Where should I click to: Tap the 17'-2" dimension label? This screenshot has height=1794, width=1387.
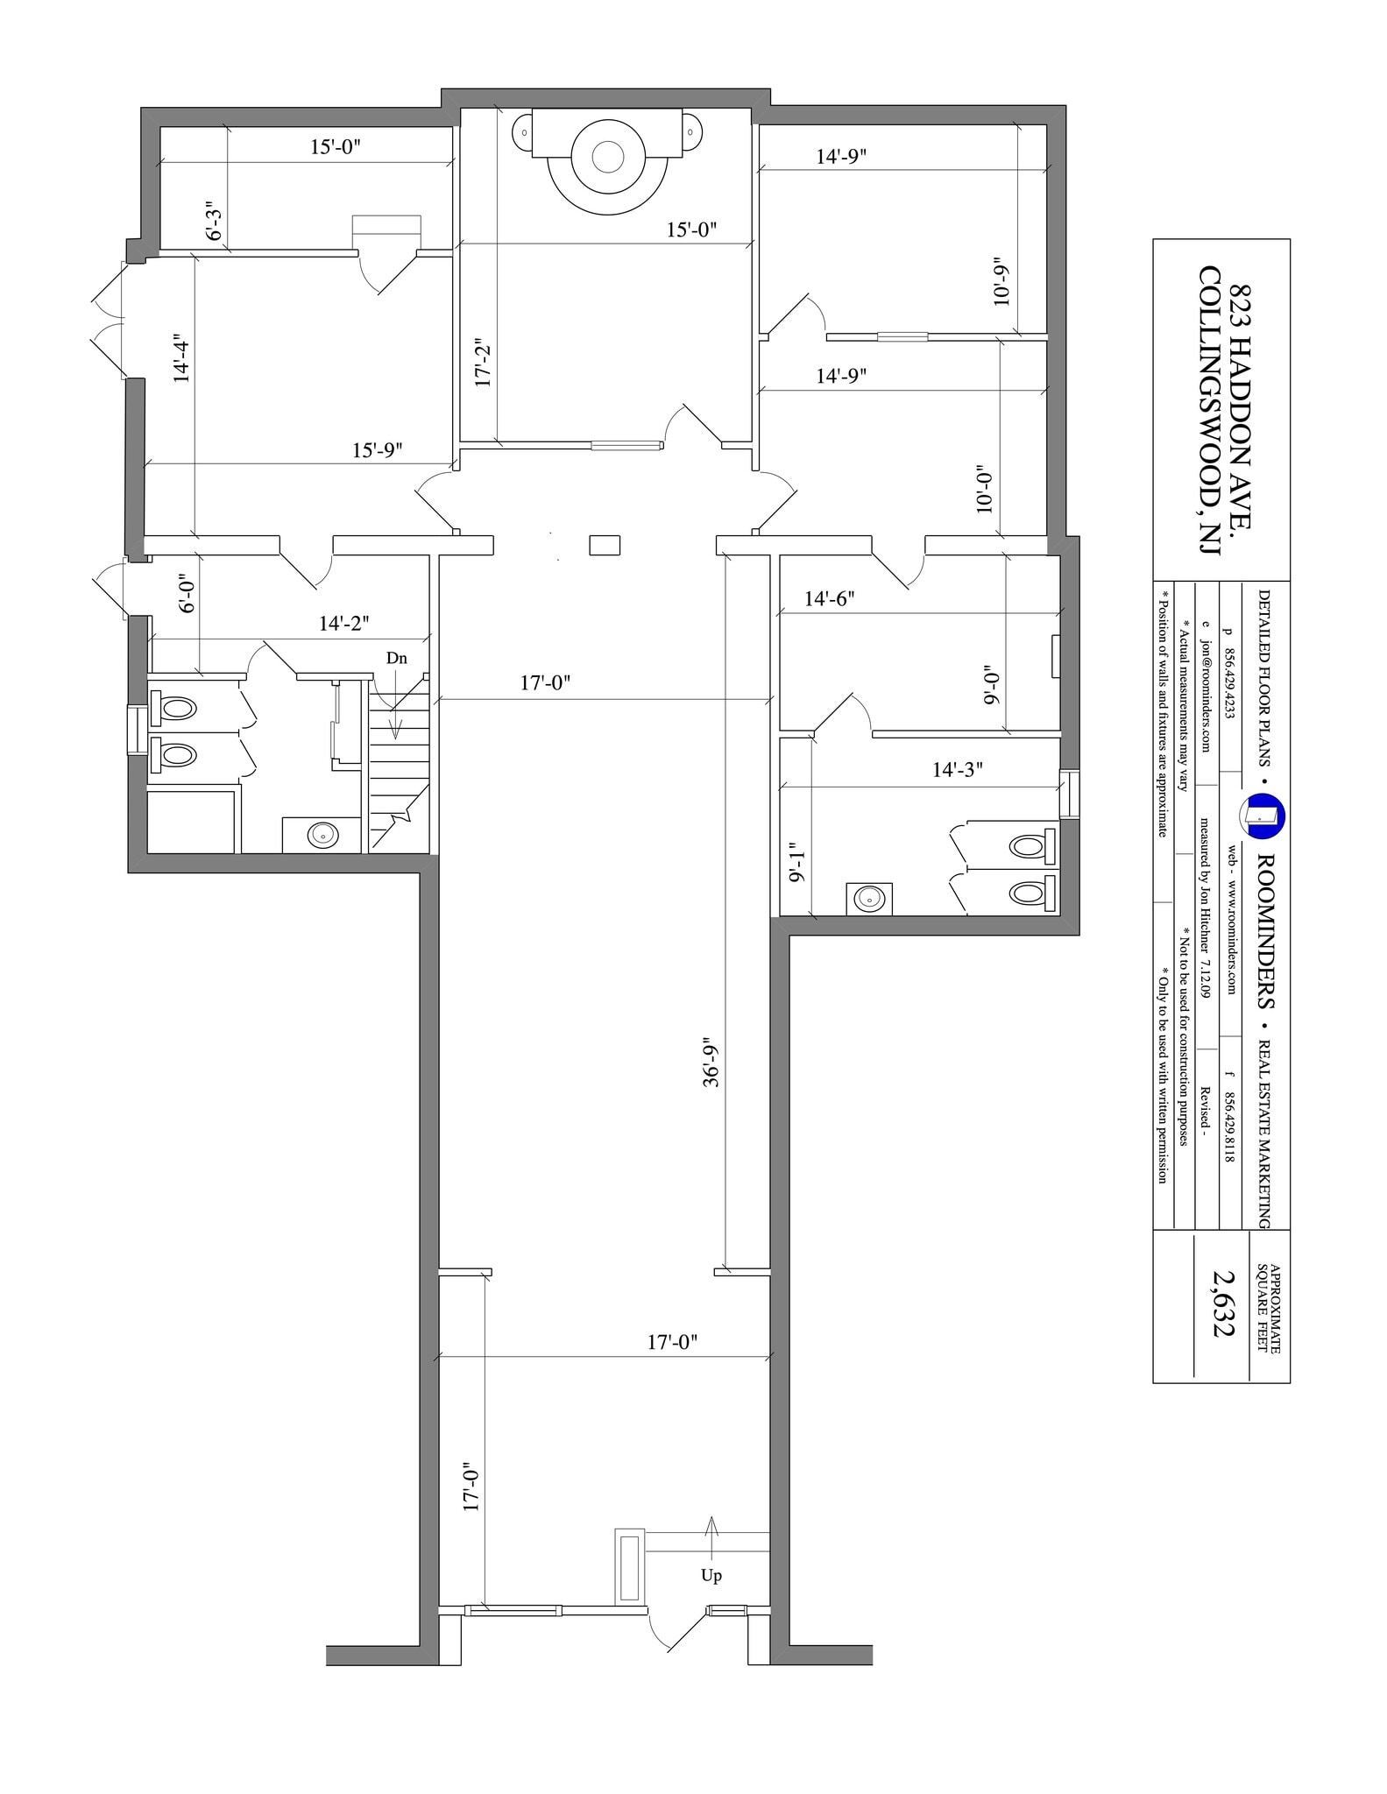(483, 364)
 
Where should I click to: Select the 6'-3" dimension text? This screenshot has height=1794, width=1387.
(215, 223)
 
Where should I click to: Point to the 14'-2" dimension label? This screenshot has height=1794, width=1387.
(344, 624)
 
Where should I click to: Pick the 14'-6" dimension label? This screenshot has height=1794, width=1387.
(830, 599)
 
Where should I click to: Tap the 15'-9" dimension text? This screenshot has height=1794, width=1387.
(378, 450)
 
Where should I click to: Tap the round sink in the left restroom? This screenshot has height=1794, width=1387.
(322, 835)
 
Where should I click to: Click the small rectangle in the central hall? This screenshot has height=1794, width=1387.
(605, 545)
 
